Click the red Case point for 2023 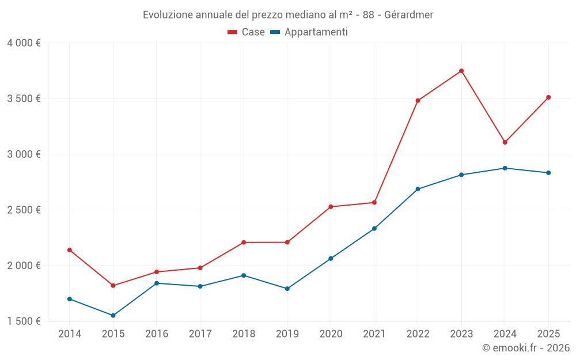pyautogui.click(x=461, y=71)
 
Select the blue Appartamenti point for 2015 pyautogui.click(x=113, y=316)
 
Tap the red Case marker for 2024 pyautogui.click(x=505, y=142)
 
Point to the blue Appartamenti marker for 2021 pyautogui.click(x=374, y=229)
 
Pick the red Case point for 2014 pyautogui.click(x=70, y=250)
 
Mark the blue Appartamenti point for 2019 pyautogui.click(x=287, y=289)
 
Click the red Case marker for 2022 pyautogui.click(x=418, y=101)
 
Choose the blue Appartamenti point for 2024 pyautogui.click(x=505, y=168)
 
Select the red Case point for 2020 pyautogui.click(x=331, y=207)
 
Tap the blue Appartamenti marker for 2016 pyautogui.click(x=157, y=283)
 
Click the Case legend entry pyautogui.click(x=247, y=32)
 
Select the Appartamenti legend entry pyautogui.click(x=309, y=32)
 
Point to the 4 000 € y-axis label pyautogui.click(x=24, y=43)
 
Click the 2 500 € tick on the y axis pyautogui.click(x=24, y=210)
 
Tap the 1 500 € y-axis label pyautogui.click(x=24, y=321)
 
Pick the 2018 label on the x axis pyautogui.click(x=244, y=334)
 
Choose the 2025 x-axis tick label pyautogui.click(x=548, y=334)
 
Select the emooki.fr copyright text pyautogui.click(x=525, y=348)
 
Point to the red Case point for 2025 pyautogui.click(x=548, y=97)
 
